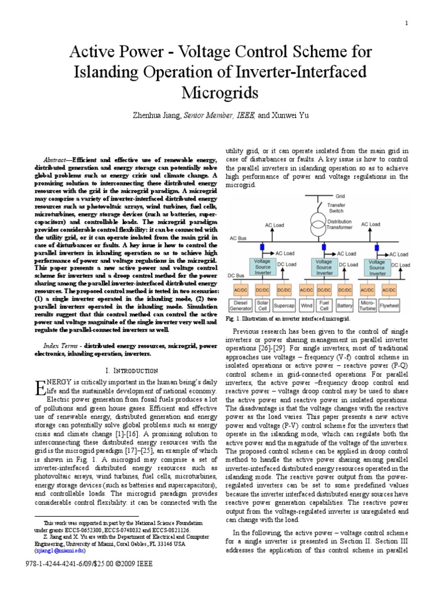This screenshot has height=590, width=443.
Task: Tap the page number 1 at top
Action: pos(407,22)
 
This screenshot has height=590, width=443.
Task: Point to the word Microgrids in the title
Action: pos(221,93)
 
